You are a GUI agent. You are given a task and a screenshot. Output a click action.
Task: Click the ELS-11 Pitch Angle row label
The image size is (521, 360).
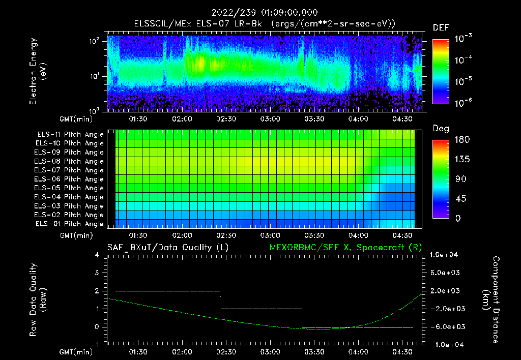coord(70,135)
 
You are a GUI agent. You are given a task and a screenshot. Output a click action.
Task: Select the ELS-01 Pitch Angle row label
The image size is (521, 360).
coord(70,224)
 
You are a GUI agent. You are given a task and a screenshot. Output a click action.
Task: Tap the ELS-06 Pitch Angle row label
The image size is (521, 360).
coord(70,179)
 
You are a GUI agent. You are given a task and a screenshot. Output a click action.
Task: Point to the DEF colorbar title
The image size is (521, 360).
coord(441,27)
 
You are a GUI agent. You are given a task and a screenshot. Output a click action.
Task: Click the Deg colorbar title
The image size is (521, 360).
coord(440,128)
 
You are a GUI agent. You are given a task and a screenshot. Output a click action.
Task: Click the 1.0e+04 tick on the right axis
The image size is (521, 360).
coord(445,255)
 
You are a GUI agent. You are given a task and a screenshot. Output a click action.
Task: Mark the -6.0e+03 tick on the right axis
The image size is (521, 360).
coord(447,326)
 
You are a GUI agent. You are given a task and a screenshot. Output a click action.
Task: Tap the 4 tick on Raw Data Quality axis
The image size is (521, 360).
coord(97,255)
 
